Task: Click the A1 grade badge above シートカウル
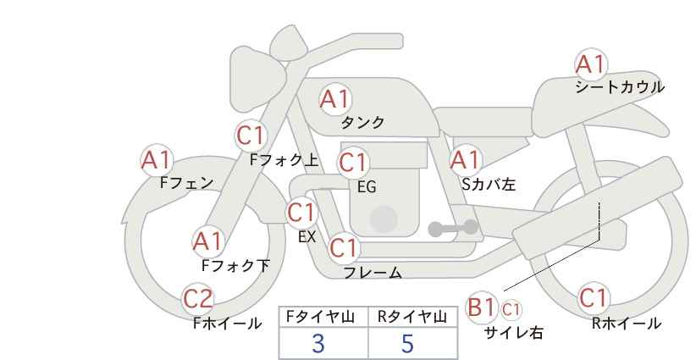590,64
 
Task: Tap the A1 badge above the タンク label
334,99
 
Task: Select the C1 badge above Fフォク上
251,135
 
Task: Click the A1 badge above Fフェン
156,159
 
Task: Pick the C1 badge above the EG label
353,161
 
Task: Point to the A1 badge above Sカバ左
465,159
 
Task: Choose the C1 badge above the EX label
301,212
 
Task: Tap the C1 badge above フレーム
344,248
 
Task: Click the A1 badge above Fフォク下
207,241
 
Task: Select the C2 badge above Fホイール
199,298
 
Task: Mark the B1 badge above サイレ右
482,307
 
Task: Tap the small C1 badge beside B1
511,308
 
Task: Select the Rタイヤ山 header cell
412,317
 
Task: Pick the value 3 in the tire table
318,344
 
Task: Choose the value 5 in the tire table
407,344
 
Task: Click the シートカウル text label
620,87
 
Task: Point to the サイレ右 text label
513,333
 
